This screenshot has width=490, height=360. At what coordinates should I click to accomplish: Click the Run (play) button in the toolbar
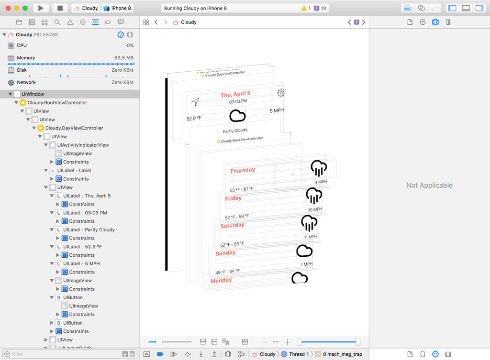pos(41,8)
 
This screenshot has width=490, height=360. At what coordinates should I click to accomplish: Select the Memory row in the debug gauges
pos(26,58)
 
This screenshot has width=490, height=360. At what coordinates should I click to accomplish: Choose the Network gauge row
pos(26,82)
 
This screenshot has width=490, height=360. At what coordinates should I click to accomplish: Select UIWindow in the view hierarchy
pos(33,94)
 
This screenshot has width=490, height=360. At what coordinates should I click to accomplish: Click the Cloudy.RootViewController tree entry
pos(57,103)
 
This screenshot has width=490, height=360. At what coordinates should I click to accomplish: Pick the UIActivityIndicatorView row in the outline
pos(83,145)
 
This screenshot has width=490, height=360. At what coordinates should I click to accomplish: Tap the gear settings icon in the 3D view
pos(281,93)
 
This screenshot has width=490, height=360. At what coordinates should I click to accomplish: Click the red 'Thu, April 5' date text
pos(235,94)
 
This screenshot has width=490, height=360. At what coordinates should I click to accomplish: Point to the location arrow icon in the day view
pos(195,102)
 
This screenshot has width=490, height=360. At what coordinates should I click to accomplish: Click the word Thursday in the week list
pos(242,171)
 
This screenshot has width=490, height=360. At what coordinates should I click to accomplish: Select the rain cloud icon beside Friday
pos(314,196)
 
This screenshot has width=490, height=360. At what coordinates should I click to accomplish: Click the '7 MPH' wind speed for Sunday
pos(306,264)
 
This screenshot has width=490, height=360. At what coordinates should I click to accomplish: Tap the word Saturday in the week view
pos(232,225)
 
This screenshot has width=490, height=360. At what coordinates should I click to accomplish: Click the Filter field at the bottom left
pos(62,354)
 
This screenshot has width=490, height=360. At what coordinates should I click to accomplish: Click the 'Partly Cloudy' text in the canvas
pos(235,131)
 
